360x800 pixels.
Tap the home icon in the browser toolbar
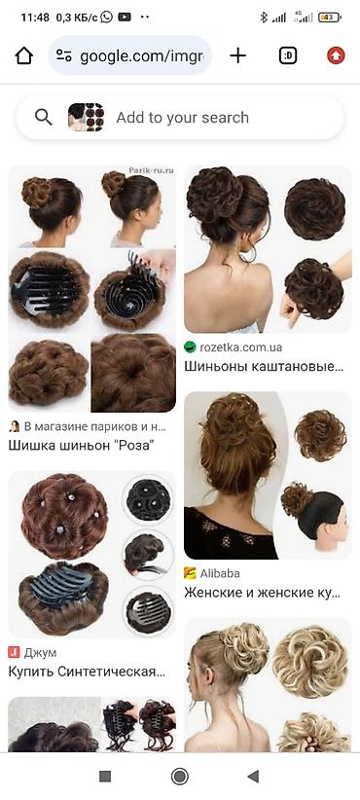click(x=24, y=55)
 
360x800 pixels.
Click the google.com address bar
click(x=130, y=55)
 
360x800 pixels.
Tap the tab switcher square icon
click(x=288, y=55)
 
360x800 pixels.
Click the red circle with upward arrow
click(x=336, y=55)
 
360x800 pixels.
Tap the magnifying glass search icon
click(x=44, y=118)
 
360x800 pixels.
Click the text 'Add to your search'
click(x=183, y=118)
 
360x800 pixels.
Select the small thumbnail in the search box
click(x=86, y=118)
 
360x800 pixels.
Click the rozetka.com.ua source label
click(x=241, y=347)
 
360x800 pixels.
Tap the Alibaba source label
click(x=220, y=573)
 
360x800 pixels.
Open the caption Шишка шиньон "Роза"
click(x=81, y=445)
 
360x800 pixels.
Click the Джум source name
click(x=41, y=652)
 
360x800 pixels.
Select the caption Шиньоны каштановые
click(x=264, y=366)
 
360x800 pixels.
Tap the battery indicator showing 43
click(x=329, y=18)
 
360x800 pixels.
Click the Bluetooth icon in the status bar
click(x=264, y=18)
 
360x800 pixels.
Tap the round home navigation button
click(x=179, y=777)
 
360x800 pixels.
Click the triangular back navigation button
click(x=253, y=777)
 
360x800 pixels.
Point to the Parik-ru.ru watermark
click(x=151, y=171)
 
